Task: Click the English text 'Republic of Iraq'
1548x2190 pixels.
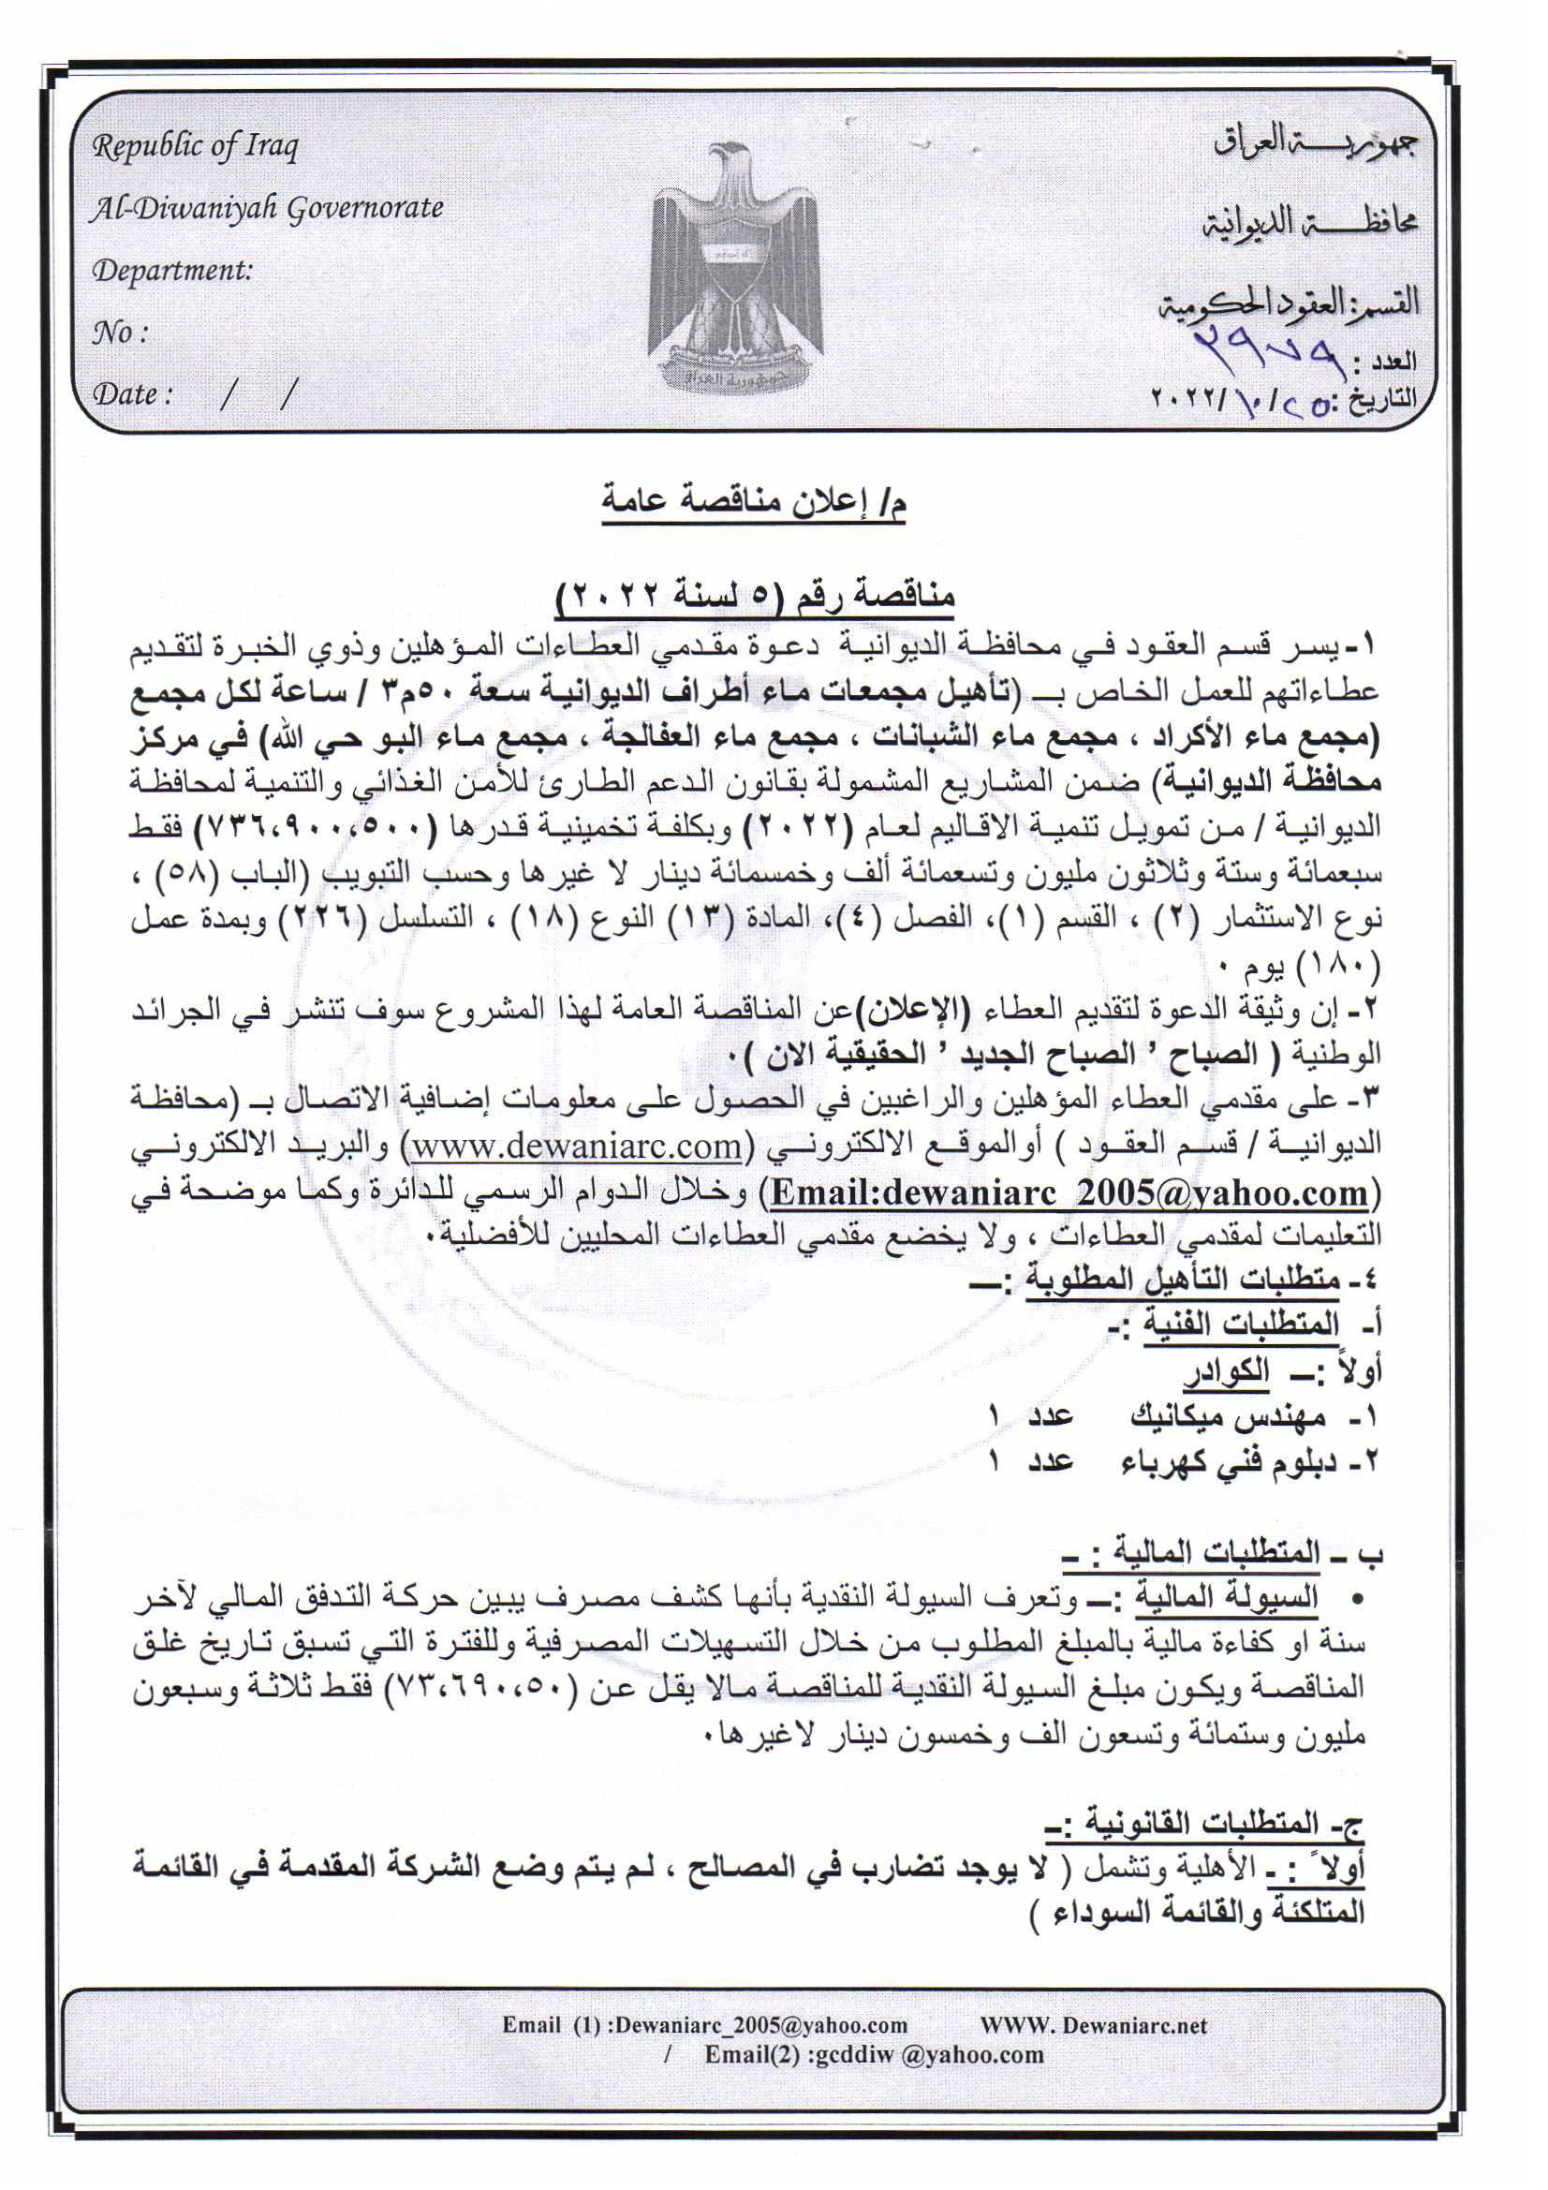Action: (195, 146)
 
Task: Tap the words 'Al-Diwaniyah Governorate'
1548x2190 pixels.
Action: (267, 208)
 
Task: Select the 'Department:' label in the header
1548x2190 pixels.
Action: (171, 271)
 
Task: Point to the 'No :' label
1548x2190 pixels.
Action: (119, 333)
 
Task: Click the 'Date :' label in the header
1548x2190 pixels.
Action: (133, 394)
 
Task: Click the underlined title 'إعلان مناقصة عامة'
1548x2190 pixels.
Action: (754, 500)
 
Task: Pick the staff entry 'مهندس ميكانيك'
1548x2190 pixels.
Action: (1229, 1418)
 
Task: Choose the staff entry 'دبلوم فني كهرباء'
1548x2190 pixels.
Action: (1229, 1461)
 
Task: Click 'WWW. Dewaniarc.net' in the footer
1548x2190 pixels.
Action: (1093, 2025)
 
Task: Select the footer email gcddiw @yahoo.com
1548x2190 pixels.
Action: (925, 2054)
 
